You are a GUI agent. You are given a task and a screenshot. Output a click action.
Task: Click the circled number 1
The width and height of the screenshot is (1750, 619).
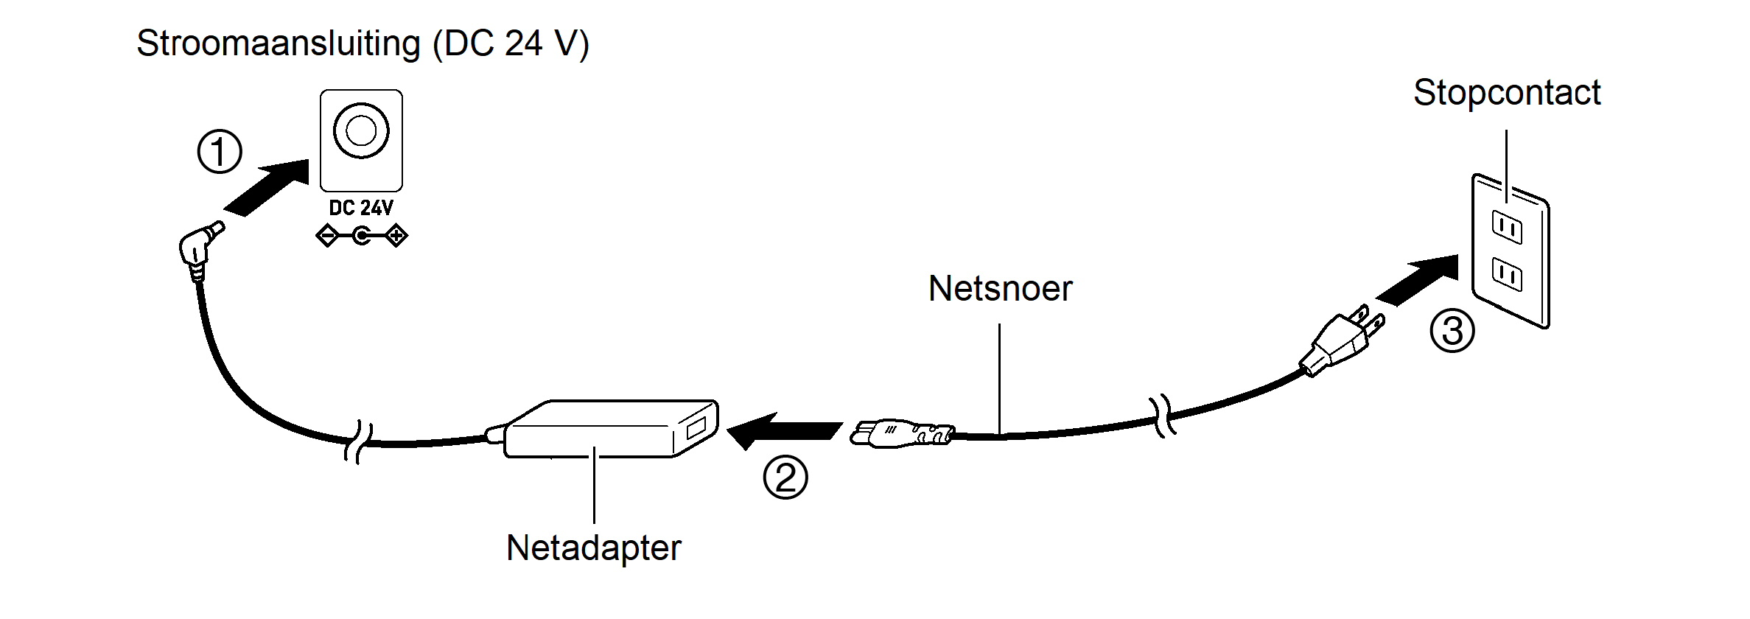point(220,153)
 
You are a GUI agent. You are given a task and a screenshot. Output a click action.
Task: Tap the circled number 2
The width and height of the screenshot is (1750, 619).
point(785,478)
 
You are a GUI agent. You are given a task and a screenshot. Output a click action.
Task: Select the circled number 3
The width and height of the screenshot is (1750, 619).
point(1452,331)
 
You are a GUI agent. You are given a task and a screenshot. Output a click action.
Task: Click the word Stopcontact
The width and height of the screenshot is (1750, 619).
point(1506,93)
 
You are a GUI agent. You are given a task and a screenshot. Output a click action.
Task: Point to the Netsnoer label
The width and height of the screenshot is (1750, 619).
point(1000,288)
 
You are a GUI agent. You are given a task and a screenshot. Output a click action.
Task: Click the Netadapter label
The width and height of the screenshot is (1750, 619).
point(593,548)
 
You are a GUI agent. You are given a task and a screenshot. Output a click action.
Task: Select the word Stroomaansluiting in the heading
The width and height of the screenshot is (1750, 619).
point(278,43)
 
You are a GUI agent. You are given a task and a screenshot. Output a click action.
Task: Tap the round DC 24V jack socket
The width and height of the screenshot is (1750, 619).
point(361,131)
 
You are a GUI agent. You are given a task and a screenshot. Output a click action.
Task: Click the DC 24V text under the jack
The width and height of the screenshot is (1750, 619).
point(361,208)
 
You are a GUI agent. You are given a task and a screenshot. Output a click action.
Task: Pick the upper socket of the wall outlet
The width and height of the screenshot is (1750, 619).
point(1507,227)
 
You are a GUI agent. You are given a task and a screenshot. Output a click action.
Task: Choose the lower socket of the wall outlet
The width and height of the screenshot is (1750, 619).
point(1507,274)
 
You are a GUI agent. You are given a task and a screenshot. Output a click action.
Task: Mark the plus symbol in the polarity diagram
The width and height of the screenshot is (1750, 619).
point(396,237)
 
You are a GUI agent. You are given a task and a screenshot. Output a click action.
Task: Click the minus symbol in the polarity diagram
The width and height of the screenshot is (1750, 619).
point(326,237)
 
